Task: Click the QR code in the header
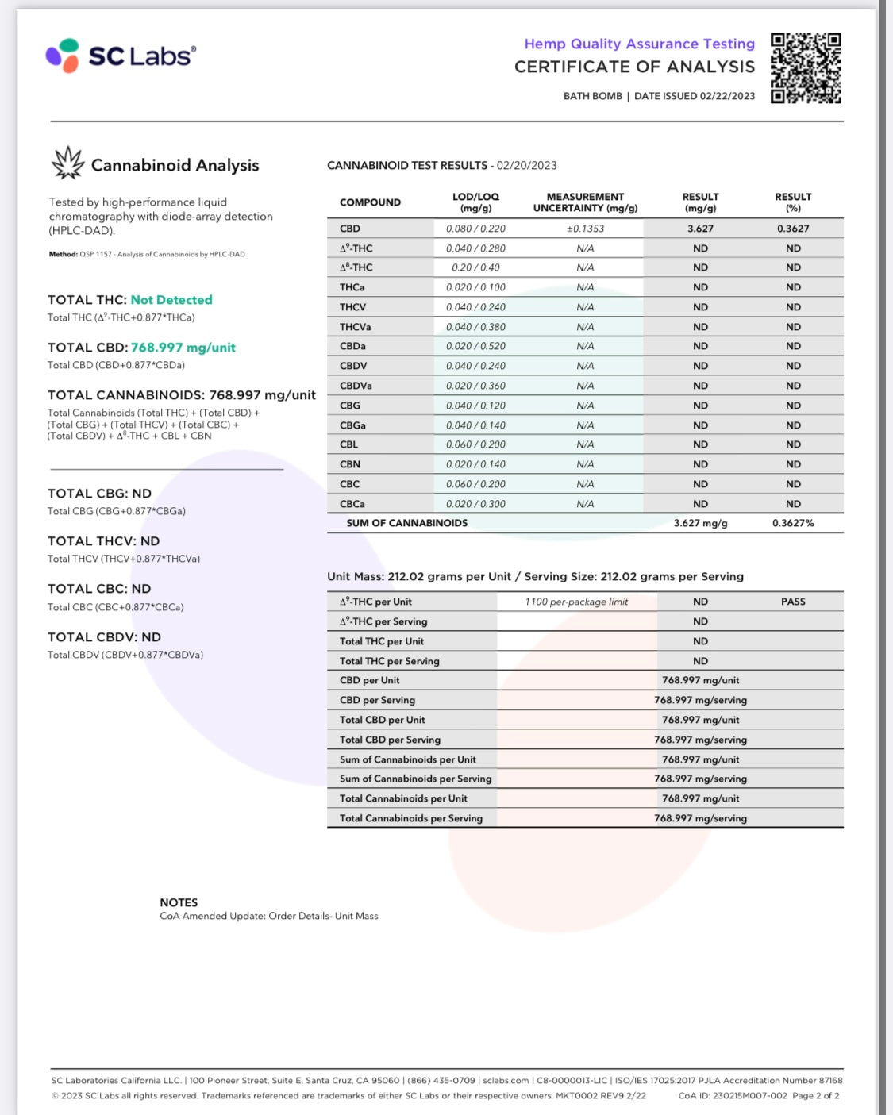click(x=805, y=67)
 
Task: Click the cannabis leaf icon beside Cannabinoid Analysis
click(x=67, y=163)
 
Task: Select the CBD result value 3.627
click(x=700, y=229)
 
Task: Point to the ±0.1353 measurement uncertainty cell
click(x=585, y=229)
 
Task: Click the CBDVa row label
click(x=356, y=386)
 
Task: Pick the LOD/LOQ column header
click(x=475, y=202)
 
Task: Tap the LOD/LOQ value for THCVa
click(x=475, y=327)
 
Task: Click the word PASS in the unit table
click(x=793, y=602)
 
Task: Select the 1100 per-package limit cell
click(x=576, y=602)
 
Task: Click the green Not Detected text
click(x=171, y=300)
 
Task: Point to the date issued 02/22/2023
click(x=727, y=96)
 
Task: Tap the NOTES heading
click(x=179, y=902)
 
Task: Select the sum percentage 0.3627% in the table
click(x=793, y=523)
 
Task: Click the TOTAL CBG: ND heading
click(x=99, y=494)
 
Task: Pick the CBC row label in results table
click(x=349, y=484)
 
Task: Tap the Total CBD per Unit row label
click(x=382, y=720)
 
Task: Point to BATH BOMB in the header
click(x=592, y=96)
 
